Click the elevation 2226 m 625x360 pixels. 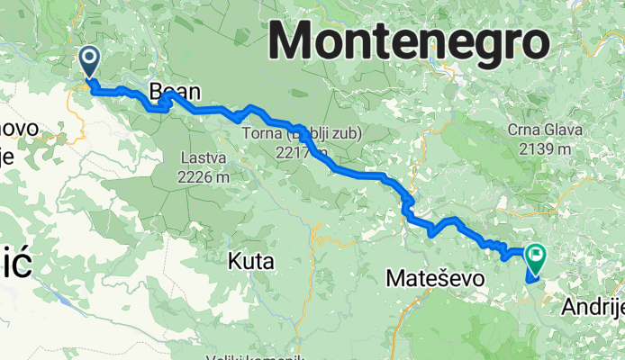click(204, 177)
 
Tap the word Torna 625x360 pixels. click(261, 135)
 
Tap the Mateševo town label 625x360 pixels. click(435, 279)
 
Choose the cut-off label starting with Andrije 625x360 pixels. click(592, 308)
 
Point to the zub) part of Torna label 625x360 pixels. click(343, 135)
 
